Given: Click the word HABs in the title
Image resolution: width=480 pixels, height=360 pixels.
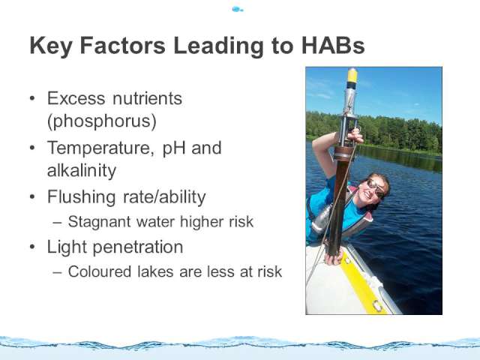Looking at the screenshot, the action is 333,45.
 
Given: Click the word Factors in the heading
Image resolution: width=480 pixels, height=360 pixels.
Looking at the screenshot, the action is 123,45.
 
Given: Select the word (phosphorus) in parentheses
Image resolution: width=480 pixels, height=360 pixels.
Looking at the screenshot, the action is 102,121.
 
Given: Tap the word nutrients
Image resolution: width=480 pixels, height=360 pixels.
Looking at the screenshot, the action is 147,98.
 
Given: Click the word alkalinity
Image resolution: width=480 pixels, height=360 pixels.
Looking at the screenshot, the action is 82,170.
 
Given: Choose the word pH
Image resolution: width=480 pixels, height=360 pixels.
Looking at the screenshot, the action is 174,149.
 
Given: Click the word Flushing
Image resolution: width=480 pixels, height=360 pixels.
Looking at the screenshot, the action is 82,197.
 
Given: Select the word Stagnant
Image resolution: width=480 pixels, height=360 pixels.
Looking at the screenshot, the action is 100,222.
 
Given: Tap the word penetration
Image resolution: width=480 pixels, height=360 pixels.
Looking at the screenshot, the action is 138,247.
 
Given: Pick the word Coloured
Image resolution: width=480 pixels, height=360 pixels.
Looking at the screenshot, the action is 100,271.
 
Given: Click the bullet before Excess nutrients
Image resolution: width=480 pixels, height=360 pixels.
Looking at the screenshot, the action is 32,98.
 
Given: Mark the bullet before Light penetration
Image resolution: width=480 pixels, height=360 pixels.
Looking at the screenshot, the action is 32,247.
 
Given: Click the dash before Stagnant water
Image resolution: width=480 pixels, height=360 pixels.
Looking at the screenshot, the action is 57,223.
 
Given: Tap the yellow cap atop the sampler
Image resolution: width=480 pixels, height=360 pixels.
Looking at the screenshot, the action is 352,75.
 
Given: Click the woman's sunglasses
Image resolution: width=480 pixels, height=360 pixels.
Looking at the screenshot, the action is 376,188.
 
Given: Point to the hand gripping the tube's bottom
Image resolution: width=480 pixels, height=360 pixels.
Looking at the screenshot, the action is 334,256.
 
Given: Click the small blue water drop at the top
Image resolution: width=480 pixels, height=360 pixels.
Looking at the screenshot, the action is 237,9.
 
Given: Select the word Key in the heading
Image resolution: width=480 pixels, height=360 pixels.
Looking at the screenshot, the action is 51,46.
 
